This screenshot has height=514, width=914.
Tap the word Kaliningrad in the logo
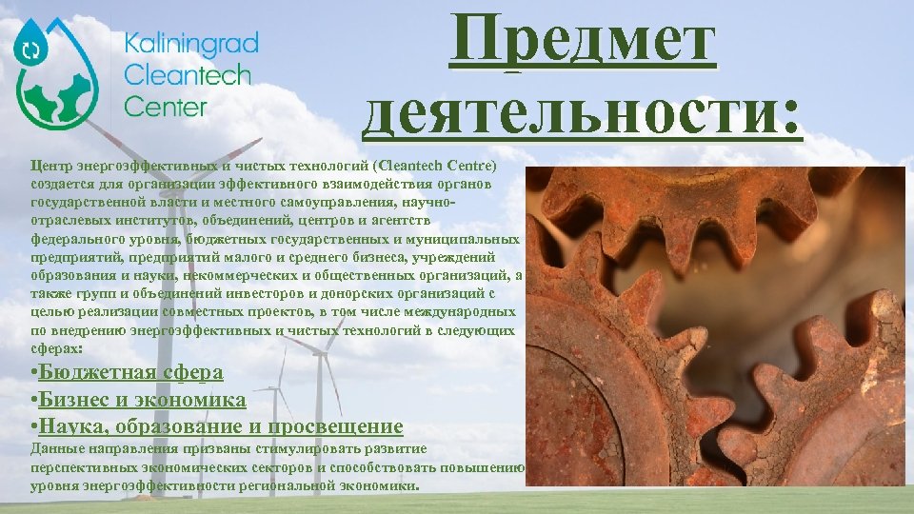[x=191, y=43]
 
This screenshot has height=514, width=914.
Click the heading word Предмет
[x=583, y=44]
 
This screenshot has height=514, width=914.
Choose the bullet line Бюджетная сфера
[x=127, y=372]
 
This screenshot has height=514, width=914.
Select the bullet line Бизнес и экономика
[x=138, y=400]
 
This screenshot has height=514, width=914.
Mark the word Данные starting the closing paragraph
[x=56, y=448]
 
